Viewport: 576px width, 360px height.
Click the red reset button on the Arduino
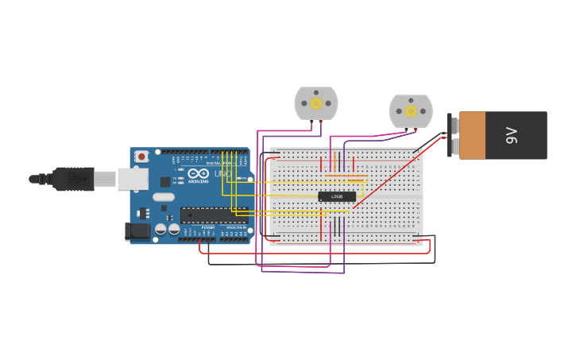point(141,157)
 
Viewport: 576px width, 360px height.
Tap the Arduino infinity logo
point(199,173)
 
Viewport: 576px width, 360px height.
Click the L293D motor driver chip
point(337,196)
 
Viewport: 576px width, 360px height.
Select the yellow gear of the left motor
point(316,103)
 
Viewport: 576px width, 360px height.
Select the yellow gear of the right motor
point(411,110)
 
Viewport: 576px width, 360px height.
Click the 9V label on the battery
point(512,135)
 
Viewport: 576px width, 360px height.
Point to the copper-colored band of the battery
point(472,135)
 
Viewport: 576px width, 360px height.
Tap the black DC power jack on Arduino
point(137,231)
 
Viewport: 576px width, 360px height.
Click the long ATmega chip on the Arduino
point(214,215)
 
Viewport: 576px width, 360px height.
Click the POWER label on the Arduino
point(207,227)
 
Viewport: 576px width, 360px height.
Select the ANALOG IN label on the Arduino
point(236,227)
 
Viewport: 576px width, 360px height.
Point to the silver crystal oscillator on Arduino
point(164,196)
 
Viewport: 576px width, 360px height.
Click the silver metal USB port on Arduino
point(132,179)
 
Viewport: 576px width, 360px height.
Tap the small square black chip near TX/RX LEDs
point(165,181)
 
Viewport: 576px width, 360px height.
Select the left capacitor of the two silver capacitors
point(160,229)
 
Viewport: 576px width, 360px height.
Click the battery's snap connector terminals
point(453,135)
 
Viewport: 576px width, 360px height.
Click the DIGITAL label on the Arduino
point(215,163)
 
